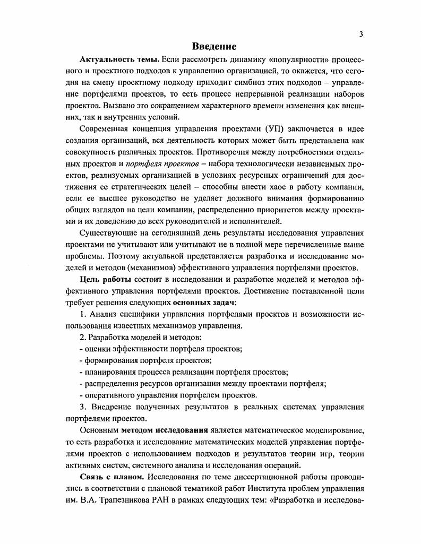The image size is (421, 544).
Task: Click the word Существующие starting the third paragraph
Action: pyautogui.click(x=108, y=232)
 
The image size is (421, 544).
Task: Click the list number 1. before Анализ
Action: pyautogui.click(x=83, y=314)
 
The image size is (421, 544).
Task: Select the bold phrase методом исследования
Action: pyautogui.click(x=162, y=430)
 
